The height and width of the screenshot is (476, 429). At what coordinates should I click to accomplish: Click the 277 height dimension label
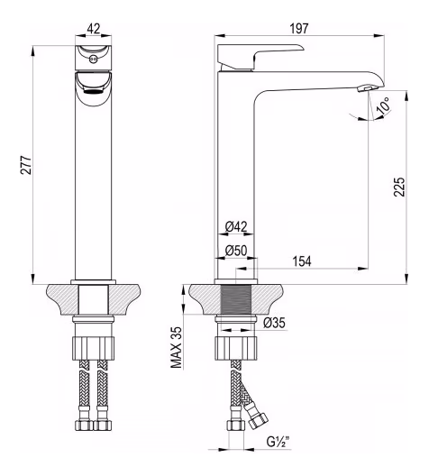(x=26, y=165)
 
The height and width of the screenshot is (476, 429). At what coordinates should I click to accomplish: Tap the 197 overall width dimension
(x=299, y=29)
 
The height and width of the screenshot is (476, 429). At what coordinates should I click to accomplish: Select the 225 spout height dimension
(x=399, y=187)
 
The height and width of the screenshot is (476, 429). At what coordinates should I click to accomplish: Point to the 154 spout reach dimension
(x=302, y=261)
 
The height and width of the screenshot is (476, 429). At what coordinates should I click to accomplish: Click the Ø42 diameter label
(x=236, y=226)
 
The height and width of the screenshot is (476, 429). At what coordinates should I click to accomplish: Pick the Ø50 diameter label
(x=236, y=251)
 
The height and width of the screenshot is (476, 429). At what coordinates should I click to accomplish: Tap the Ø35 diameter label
(x=274, y=323)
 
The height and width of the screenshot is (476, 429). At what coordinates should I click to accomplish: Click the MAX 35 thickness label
(x=176, y=347)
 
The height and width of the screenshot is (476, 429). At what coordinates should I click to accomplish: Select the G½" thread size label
(x=278, y=441)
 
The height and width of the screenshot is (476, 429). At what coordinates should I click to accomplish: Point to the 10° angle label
(x=383, y=106)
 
